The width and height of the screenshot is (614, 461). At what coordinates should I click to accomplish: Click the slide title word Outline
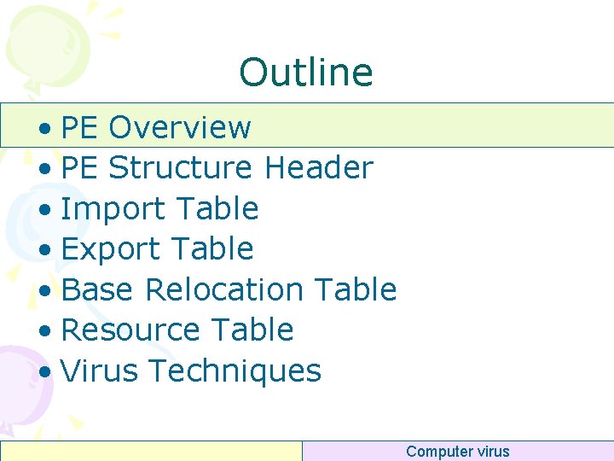[306, 73]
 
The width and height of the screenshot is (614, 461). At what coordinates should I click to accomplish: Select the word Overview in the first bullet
[180, 127]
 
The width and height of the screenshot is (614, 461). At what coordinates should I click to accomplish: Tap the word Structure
[180, 168]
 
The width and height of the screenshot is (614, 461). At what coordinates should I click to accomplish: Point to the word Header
[319, 168]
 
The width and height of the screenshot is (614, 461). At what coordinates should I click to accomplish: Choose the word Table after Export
[215, 249]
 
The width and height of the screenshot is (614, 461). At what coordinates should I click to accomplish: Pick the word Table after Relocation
[356, 289]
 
